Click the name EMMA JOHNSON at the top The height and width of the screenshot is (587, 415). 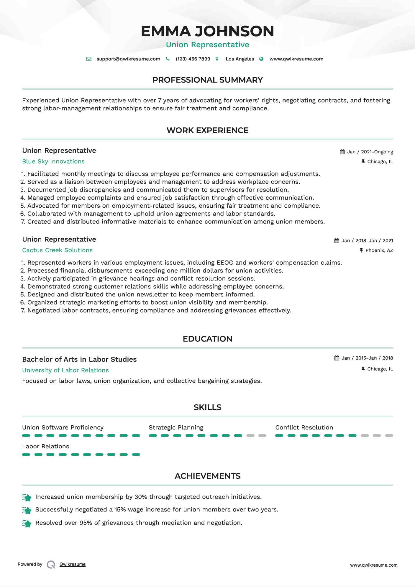click(x=207, y=31)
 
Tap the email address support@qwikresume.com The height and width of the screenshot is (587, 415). click(x=128, y=59)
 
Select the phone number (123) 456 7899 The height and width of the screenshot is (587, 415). click(x=193, y=59)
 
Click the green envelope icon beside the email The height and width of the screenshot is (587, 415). click(x=89, y=59)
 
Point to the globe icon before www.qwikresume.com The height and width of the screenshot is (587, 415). click(x=261, y=59)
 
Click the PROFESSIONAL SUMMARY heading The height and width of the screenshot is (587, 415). click(x=207, y=80)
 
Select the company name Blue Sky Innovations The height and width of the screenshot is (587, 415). click(x=53, y=161)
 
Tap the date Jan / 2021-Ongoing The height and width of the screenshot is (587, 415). click(x=370, y=152)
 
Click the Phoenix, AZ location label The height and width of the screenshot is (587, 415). click(x=379, y=250)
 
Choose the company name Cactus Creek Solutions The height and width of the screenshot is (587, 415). click(x=57, y=250)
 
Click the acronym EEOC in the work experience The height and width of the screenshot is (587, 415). click(x=225, y=263)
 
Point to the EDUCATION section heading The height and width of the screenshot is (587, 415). click(x=207, y=339)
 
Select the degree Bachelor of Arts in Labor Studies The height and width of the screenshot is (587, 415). click(x=79, y=359)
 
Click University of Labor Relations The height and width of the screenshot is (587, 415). click(x=65, y=370)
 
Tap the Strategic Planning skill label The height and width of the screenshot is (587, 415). click(x=176, y=427)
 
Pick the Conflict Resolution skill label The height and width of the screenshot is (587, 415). click(x=304, y=427)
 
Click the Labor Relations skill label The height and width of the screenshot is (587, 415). click(x=46, y=446)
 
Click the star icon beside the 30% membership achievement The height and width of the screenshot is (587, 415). click(x=27, y=498)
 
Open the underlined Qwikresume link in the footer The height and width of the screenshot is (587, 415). click(x=73, y=564)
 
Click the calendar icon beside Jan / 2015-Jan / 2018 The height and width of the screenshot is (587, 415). click(x=337, y=358)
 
